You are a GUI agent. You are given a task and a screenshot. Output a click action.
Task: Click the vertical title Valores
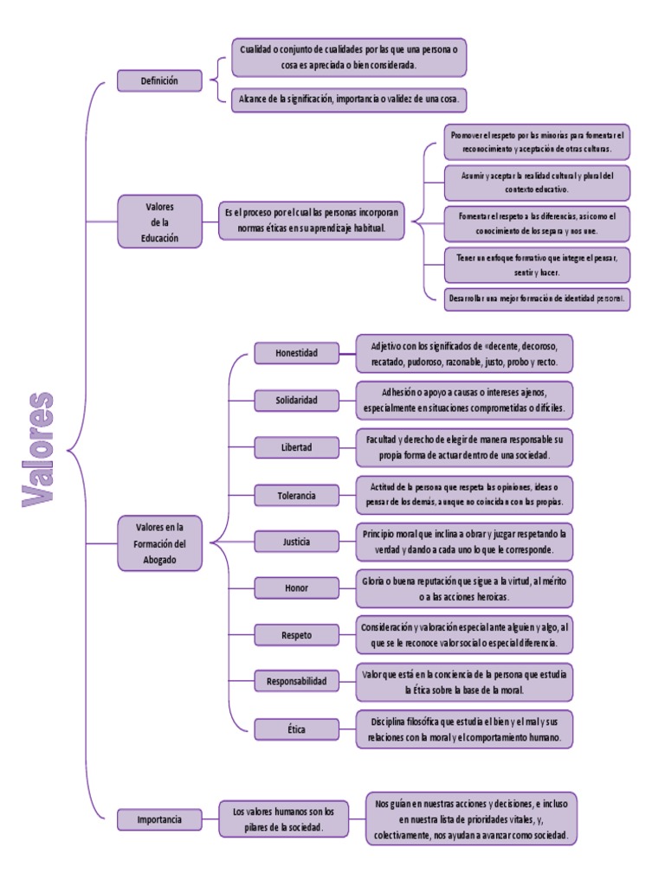tap(37, 449)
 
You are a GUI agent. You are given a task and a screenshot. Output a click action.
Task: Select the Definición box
tap(159, 81)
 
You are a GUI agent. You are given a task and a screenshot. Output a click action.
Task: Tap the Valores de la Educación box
tap(159, 222)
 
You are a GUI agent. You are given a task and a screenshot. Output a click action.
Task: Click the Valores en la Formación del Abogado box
tap(159, 543)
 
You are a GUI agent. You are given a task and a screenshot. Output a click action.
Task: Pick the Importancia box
tap(159, 819)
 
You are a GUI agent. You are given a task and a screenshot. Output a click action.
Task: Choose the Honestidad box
tap(296, 353)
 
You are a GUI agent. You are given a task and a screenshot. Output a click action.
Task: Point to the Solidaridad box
tap(296, 400)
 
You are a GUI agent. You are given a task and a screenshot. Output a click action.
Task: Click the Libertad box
tap(296, 447)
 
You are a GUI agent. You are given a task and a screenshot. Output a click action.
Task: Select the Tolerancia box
tap(296, 495)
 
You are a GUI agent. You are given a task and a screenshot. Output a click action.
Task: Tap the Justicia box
tap(296, 542)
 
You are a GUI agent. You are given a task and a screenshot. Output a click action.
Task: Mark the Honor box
tap(296, 588)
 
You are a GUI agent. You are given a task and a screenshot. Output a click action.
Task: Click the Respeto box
tap(296, 635)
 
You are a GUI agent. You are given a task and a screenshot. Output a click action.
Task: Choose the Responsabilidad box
tap(296, 682)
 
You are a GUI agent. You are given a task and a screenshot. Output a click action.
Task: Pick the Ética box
tap(296, 729)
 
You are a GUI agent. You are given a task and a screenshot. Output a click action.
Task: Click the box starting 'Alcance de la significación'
tap(350, 100)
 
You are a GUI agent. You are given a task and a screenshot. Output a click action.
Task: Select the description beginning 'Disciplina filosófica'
tap(465, 729)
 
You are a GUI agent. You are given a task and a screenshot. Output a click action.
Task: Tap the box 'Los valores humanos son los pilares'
tap(283, 819)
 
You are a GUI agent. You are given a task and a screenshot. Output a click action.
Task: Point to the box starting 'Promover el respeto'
tap(537, 142)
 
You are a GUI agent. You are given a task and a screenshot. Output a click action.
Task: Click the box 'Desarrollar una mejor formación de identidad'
tap(537, 299)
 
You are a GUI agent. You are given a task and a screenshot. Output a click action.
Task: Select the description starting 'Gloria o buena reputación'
tap(465, 588)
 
